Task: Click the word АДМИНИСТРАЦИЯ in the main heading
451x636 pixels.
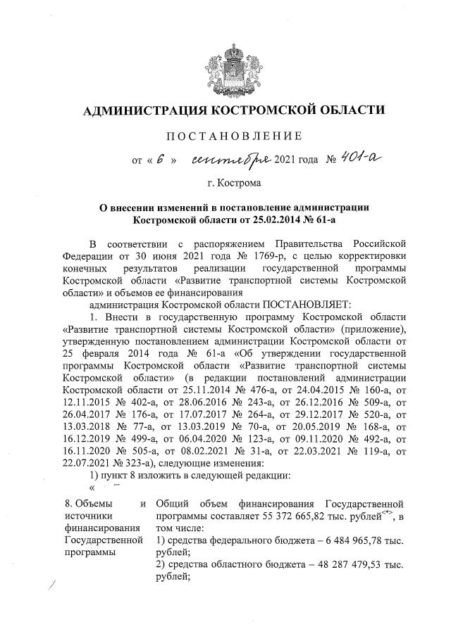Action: click(140, 110)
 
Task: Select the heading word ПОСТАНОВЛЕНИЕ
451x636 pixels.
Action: click(234, 135)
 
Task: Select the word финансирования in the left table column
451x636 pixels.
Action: click(97, 528)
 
